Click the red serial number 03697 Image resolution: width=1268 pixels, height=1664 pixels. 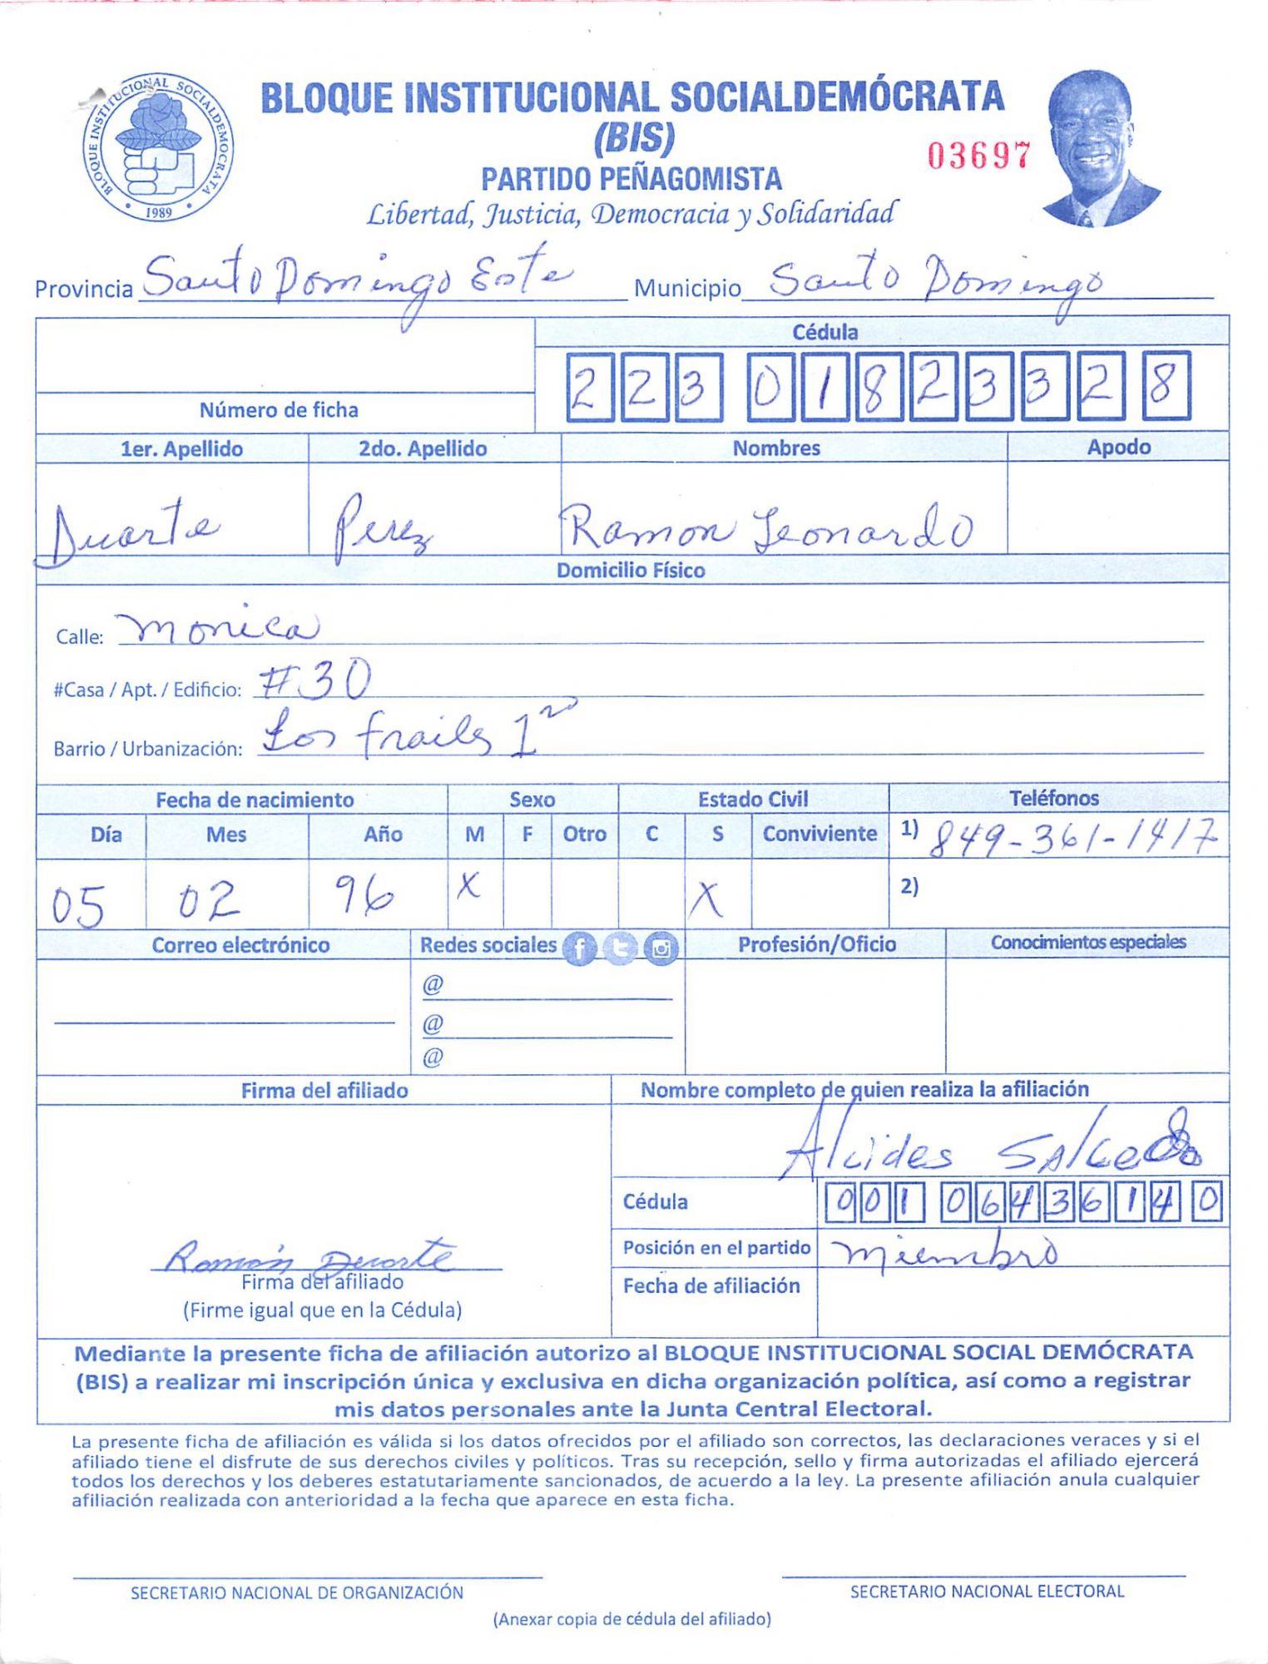point(979,156)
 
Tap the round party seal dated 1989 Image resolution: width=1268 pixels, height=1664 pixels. point(158,147)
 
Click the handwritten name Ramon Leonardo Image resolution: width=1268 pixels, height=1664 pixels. point(765,529)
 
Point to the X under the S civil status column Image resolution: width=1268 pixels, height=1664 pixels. point(706,899)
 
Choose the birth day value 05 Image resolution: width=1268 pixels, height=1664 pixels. point(78,904)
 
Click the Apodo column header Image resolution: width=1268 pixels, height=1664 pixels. point(1118,447)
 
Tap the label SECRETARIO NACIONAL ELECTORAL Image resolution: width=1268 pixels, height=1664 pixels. point(987,1592)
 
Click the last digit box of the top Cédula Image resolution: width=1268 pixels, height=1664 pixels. point(1166,386)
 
